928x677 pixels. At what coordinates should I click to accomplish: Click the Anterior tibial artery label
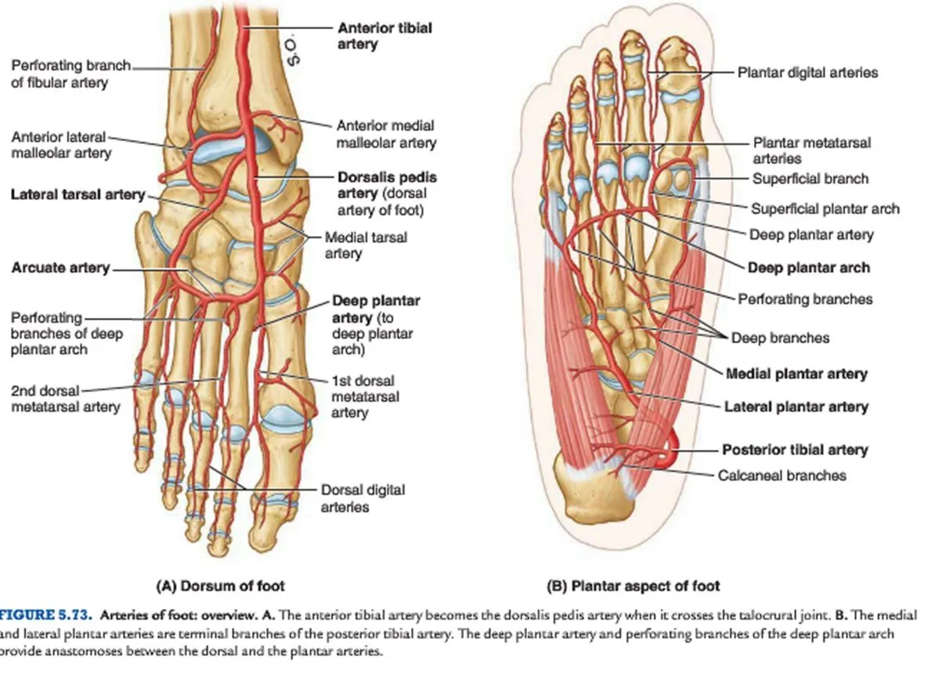tap(384, 36)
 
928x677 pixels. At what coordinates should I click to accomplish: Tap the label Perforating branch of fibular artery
tap(70, 74)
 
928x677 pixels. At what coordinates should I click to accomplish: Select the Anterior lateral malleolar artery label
tap(61, 145)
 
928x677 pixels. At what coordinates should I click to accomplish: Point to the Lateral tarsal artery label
tap(78, 194)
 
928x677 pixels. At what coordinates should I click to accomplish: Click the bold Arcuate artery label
tap(60, 268)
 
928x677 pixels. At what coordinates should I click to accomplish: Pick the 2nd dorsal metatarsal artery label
tap(65, 398)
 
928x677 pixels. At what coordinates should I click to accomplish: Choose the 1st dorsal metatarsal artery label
tap(365, 396)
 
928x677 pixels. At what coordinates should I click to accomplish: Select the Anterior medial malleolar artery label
tap(386, 134)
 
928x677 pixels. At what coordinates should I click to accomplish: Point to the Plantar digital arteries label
tap(807, 72)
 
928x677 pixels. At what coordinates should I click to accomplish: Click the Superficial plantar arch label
tap(825, 208)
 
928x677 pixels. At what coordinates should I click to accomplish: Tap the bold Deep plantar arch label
tap(808, 267)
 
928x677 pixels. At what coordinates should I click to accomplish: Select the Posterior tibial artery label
tap(794, 451)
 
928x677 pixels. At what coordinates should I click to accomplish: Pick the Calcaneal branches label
tap(782, 475)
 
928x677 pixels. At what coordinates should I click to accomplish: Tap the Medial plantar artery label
tap(796, 374)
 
